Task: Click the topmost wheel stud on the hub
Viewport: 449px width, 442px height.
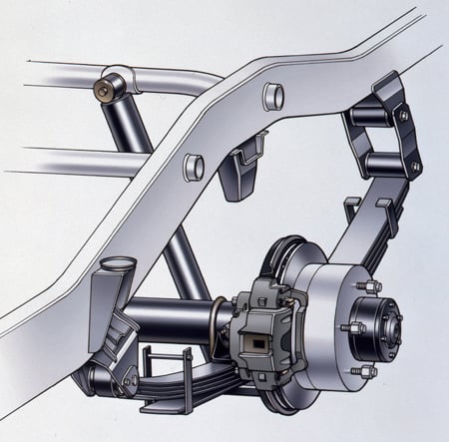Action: (x=375, y=285)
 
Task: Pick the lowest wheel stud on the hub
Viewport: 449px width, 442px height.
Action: (x=366, y=371)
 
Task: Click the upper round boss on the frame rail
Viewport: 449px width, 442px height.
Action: (x=270, y=97)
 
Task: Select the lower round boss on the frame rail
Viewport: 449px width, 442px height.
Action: (x=195, y=165)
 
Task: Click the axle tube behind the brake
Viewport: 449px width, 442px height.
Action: (x=175, y=319)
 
